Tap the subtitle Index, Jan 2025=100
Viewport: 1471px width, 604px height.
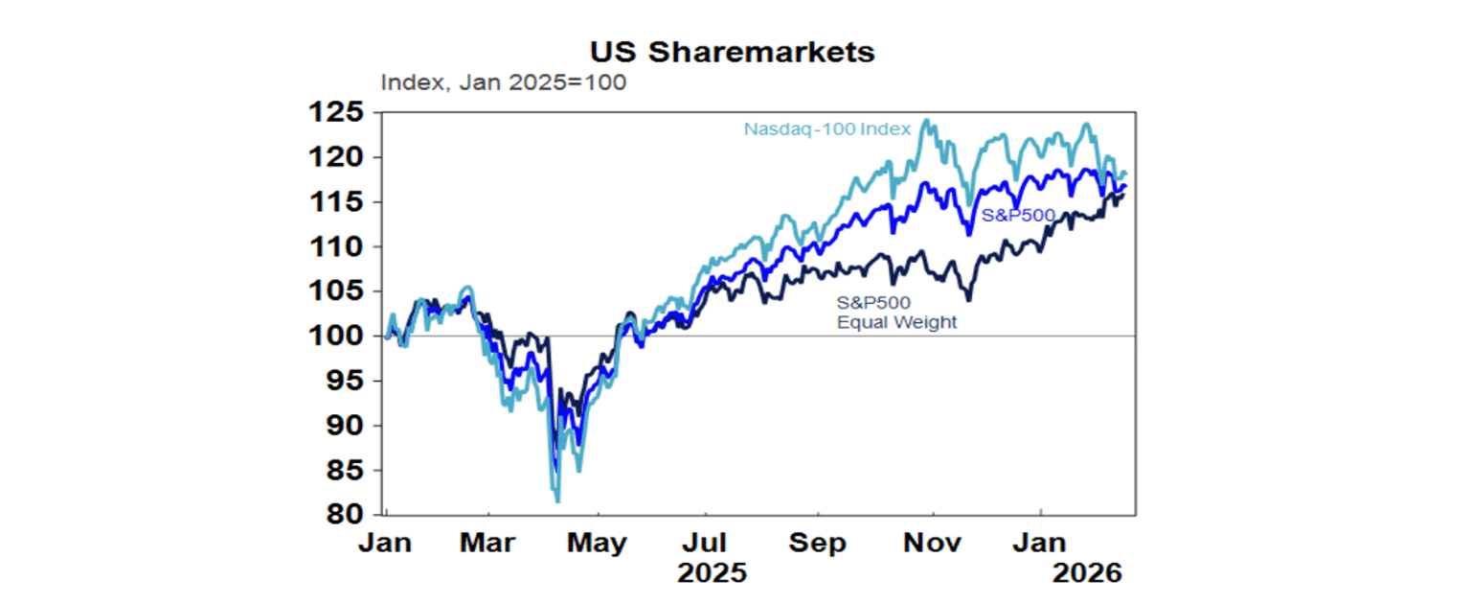503,82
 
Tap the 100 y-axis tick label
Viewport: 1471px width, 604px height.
335,337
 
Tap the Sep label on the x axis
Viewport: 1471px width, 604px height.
820,544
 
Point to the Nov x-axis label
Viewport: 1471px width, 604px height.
933,544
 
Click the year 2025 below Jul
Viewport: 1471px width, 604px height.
711,574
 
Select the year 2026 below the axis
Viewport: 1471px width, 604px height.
1086,574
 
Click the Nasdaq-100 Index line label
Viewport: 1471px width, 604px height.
826,128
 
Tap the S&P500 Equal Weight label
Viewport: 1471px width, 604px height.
896,314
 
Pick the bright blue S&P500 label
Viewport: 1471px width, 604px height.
1019,216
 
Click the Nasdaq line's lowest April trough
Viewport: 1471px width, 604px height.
557,500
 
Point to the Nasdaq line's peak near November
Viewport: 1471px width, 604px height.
925,121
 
